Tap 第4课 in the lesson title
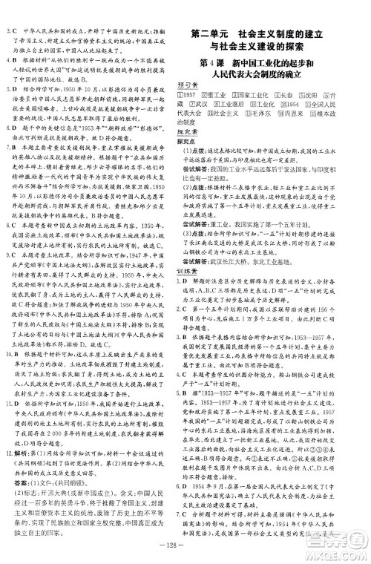click(209, 63)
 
